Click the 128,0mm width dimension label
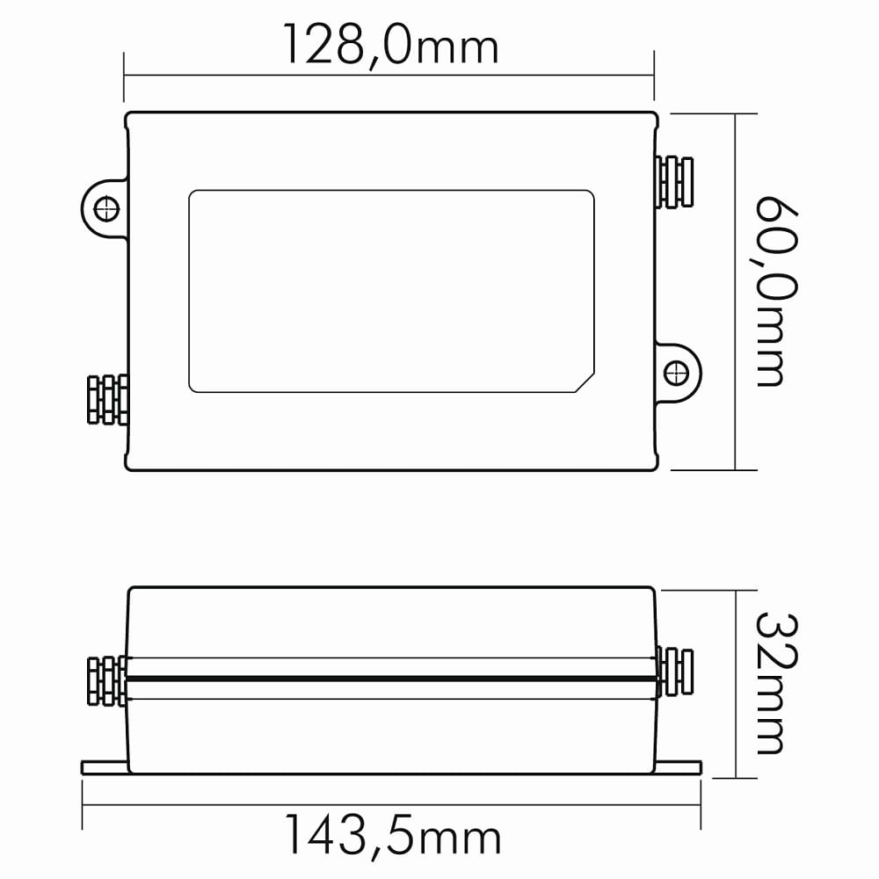point(391,45)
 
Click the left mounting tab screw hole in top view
point(106,209)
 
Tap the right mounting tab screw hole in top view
point(676,373)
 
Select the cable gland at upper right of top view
point(674,182)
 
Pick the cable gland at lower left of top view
point(107,399)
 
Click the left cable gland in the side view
point(107,680)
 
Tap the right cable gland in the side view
point(674,672)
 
